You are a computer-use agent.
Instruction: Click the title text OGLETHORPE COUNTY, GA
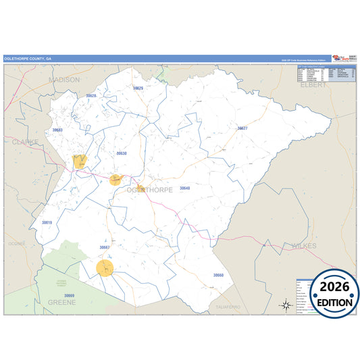click(x=28, y=58)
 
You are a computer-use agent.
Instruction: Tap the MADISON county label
click(x=64, y=80)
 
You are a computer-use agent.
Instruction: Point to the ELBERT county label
click(x=313, y=85)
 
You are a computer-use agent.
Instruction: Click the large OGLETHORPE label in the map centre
click(x=149, y=190)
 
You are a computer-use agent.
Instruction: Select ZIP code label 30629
click(x=138, y=88)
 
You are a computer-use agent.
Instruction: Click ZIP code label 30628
click(x=91, y=96)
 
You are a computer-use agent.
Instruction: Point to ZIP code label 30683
click(x=57, y=130)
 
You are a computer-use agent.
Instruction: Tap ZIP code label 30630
click(x=122, y=153)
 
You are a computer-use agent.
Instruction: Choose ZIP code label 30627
click(x=242, y=128)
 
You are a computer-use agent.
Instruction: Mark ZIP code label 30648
click(x=184, y=188)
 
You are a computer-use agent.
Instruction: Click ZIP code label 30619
click(x=47, y=222)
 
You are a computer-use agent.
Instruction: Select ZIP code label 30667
click(x=105, y=247)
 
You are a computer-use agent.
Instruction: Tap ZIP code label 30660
click(x=218, y=275)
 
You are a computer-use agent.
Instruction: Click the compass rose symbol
click(x=286, y=305)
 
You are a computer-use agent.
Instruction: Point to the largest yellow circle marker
click(x=105, y=268)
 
